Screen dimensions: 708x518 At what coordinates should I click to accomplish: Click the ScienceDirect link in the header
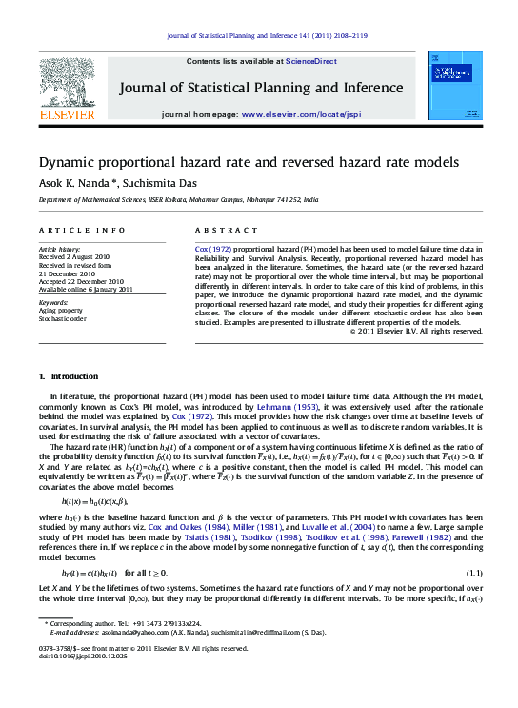click(311, 61)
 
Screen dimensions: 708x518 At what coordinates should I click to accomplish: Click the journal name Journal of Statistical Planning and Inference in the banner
click(260, 89)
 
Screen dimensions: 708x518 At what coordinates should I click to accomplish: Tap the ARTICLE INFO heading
click(81, 231)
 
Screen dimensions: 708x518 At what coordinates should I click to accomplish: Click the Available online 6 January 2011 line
click(86, 289)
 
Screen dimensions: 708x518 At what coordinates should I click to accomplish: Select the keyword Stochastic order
click(65, 318)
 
